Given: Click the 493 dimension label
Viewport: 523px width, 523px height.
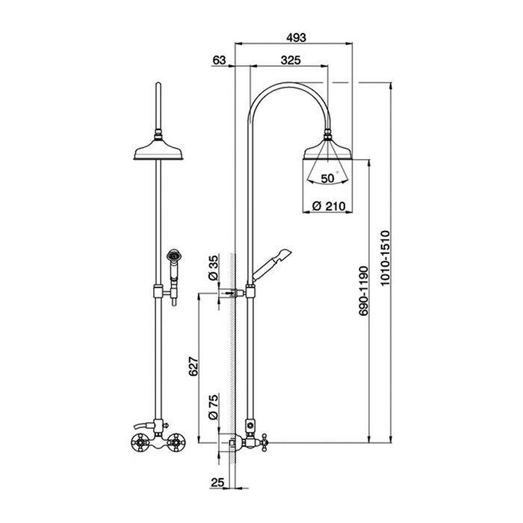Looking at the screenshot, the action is point(296,37).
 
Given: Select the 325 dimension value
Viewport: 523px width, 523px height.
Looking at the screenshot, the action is point(291,60).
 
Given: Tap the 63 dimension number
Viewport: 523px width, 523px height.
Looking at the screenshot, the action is point(219,60).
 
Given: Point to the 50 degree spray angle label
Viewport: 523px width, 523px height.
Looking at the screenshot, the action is point(327,179).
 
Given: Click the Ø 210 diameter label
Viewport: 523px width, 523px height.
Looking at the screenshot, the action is point(329,206).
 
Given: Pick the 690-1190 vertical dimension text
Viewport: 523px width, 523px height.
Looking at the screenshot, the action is point(364,291).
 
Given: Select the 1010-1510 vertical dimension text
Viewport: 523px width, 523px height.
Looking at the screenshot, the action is point(386,258).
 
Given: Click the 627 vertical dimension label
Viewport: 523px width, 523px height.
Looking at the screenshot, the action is point(194,366).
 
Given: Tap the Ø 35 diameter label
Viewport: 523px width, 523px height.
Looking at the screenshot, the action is point(213,267).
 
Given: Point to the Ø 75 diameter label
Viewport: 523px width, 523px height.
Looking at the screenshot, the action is point(213,406).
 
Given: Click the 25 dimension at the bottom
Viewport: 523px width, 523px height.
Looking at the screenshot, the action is point(217,483).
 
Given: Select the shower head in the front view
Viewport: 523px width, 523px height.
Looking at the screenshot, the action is point(158,149).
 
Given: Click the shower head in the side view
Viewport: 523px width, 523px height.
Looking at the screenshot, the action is point(327,146).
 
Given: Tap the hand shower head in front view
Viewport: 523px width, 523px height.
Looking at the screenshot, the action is point(174,256).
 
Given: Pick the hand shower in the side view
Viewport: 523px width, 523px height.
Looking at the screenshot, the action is point(272,264).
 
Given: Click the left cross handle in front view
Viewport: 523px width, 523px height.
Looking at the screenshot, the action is point(140,442).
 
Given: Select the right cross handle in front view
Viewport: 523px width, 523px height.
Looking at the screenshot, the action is point(177,442).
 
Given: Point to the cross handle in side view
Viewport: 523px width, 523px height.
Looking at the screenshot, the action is point(264,442).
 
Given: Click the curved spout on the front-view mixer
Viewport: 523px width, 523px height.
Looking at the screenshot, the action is point(143,426).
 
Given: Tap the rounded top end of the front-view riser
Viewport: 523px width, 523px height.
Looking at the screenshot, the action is point(158,84).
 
